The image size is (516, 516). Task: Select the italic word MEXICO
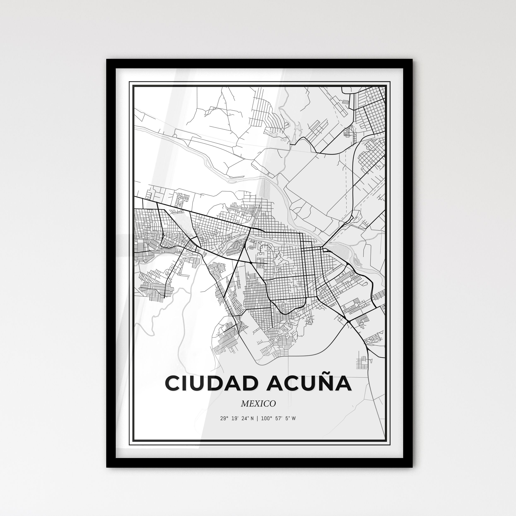pyautogui.click(x=258, y=404)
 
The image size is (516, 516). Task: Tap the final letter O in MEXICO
pyautogui.click(x=273, y=404)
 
